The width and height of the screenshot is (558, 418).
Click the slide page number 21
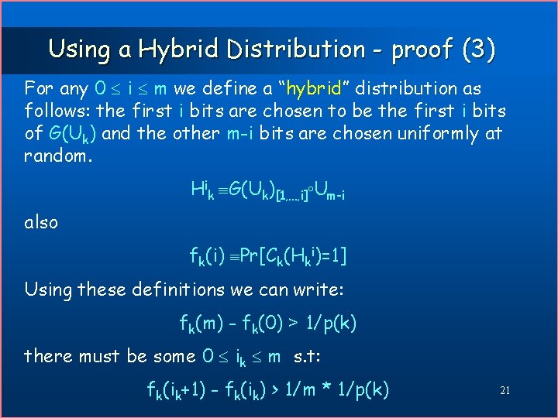click(x=505, y=391)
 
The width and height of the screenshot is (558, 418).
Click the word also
click(x=41, y=223)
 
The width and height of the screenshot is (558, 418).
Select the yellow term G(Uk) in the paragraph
click(x=71, y=134)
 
